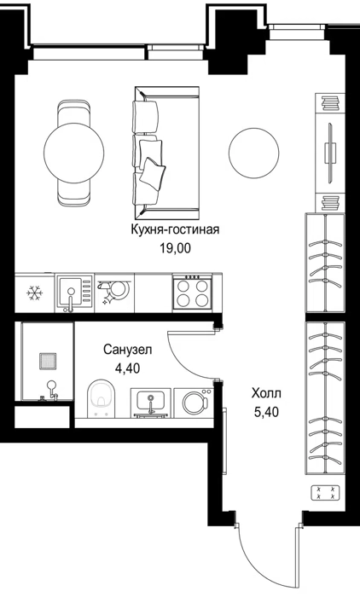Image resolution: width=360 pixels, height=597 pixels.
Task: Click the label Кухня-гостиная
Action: point(175,230)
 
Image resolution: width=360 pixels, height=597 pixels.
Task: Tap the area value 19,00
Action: point(175,249)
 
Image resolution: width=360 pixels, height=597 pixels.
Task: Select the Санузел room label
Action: point(128,349)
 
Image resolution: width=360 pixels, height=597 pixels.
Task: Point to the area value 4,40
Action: point(127,368)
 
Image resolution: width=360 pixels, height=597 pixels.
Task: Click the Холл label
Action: point(266,393)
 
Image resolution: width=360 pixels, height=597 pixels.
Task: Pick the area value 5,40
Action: point(266,412)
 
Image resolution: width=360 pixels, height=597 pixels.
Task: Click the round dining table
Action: point(74,153)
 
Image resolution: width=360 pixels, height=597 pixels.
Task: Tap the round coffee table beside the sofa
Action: point(253,153)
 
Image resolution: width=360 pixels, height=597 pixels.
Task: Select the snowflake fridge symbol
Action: point(35,293)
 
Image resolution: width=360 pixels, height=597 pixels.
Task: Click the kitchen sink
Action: point(75,293)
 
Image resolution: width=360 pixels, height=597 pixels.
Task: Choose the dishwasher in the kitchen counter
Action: point(114,293)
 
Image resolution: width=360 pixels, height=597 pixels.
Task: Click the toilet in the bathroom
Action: point(101,398)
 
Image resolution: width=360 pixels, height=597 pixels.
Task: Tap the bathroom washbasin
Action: point(151,403)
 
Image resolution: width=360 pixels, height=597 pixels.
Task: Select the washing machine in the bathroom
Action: point(194,403)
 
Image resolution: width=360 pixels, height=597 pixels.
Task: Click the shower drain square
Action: point(48,361)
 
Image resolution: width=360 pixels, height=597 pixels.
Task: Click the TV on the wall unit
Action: point(330,153)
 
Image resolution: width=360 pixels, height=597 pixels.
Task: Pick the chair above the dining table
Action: point(74,112)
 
